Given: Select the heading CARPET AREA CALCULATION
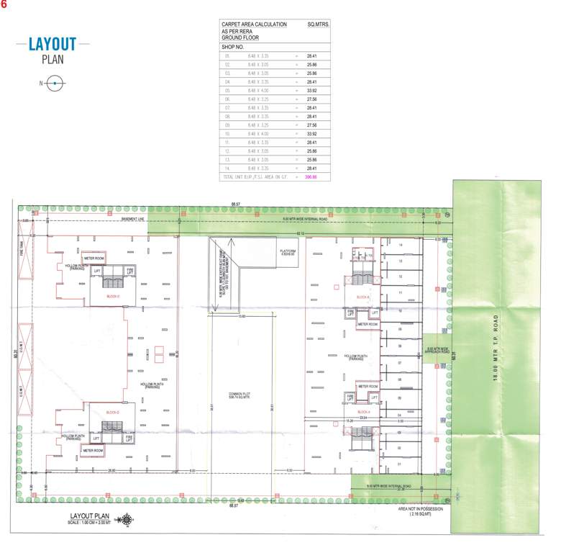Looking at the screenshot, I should pyautogui.click(x=254, y=24).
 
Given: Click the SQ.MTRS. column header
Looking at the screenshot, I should pyautogui.click(x=317, y=24).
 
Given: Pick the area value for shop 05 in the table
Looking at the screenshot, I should pyautogui.click(x=312, y=91).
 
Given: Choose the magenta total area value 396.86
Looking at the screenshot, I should pyautogui.click(x=311, y=176).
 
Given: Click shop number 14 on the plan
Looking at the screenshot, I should pyautogui.click(x=399, y=246).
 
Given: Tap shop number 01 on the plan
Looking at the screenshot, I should pyautogui.click(x=399, y=464).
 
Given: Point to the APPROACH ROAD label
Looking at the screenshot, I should pyautogui.click(x=437, y=352).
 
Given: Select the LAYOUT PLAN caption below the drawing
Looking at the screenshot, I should pyautogui.click(x=89, y=516).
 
